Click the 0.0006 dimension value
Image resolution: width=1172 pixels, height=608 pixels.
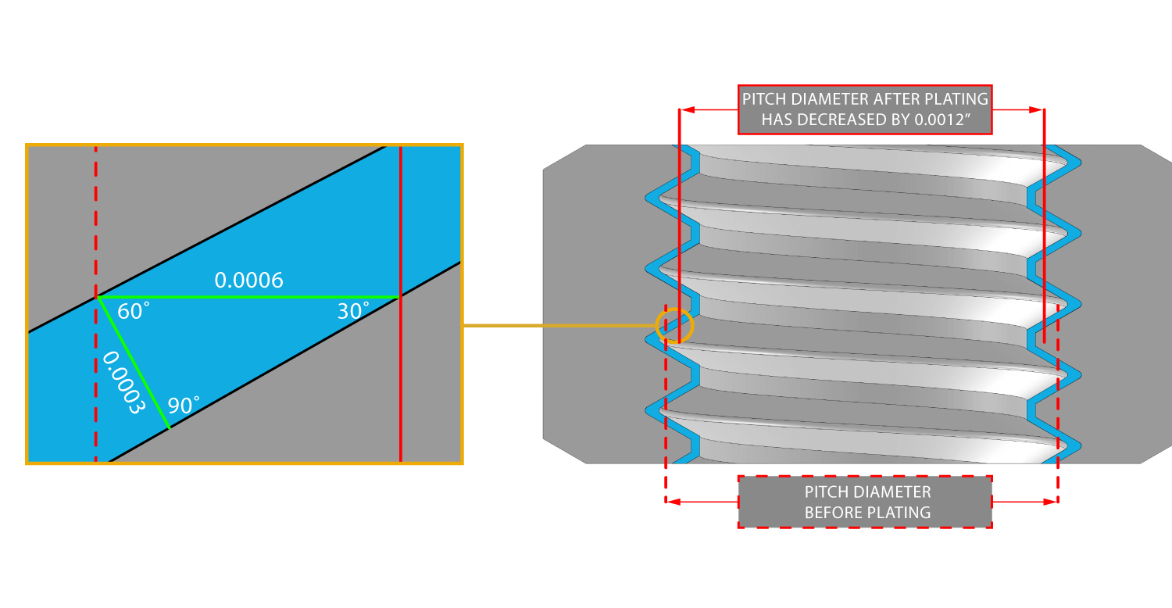click(248, 281)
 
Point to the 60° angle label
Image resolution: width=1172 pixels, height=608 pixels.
click(133, 312)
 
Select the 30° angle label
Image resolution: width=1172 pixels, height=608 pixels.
click(353, 312)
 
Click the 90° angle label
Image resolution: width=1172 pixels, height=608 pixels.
click(184, 406)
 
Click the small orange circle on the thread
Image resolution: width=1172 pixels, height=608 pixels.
click(674, 326)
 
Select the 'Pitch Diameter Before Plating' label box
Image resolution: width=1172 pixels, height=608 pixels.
click(865, 502)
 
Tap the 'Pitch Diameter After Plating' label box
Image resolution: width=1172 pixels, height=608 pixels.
click(865, 109)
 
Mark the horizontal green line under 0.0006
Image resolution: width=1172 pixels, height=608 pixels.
click(248, 297)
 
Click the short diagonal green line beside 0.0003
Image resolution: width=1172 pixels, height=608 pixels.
click(134, 363)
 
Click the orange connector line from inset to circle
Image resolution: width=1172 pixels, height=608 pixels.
click(559, 326)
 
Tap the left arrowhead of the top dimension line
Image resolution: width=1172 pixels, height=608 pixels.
click(686, 110)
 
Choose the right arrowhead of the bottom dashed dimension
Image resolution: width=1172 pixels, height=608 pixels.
click(1052, 502)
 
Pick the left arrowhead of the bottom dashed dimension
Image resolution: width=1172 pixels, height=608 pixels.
click(671, 502)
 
